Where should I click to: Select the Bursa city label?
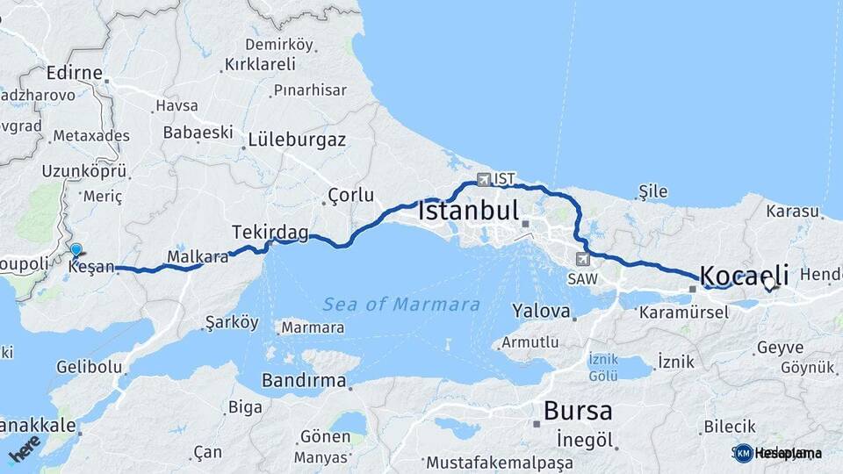pos(578,410)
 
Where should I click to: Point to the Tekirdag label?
pos(270,232)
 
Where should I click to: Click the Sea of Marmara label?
pos(401,305)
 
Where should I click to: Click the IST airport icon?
pos(483,179)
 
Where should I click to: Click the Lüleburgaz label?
pos(297,140)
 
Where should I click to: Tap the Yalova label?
pos(542,310)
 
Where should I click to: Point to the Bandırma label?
pos(303,381)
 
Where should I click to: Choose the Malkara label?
pos(198,256)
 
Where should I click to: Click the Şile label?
pos(653,192)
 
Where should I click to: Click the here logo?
pos(25,449)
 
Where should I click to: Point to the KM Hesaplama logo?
pos(778,453)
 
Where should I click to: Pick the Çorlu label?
pos(350,195)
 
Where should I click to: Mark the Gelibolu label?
pos(89,366)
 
